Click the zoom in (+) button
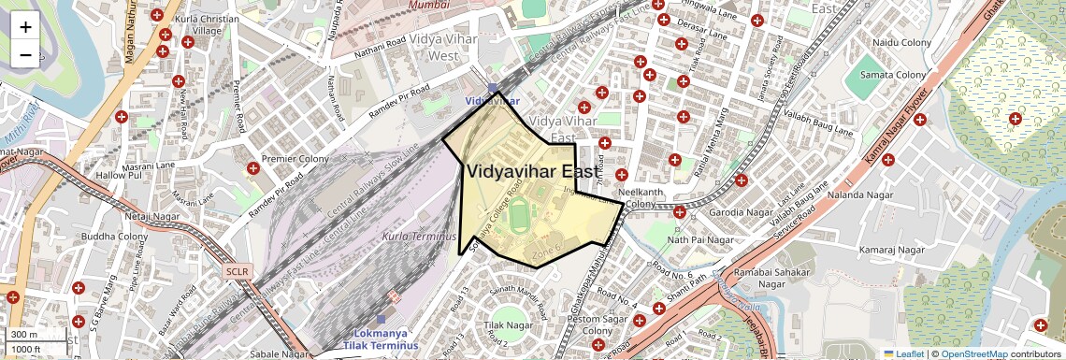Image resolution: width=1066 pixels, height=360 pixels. [25, 26]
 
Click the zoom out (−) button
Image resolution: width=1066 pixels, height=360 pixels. [25, 54]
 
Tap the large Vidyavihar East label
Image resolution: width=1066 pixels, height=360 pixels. [534, 171]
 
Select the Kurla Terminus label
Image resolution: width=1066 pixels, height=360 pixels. [419, 237]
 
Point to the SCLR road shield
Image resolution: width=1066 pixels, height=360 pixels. [238, 271]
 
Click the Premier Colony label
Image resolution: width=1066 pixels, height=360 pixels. [296, 159]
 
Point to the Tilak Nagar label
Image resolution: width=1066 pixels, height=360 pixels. [507, 325]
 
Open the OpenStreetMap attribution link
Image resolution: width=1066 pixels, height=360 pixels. [973, 353]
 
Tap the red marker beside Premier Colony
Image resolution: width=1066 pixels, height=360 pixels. [253, 168]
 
